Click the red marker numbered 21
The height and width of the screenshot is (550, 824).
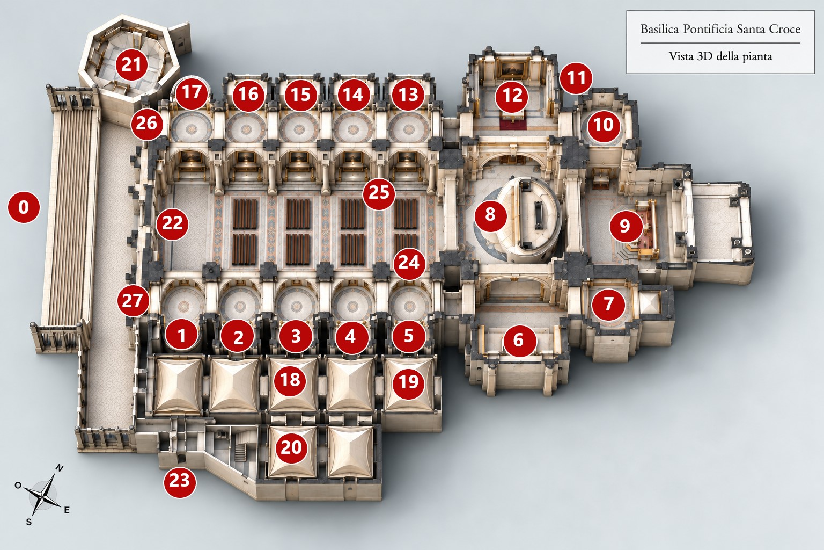(131, 64)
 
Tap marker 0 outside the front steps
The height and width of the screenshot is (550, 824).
(24, 207)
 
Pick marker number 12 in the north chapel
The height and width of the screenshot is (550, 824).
(512, 96)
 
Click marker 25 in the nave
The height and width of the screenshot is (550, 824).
(379, 193)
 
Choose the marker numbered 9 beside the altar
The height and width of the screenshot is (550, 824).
(626, 225)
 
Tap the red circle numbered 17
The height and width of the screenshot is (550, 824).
(192, 92)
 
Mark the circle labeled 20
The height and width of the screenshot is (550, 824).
(291, 447)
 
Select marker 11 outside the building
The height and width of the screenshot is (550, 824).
(576, 78)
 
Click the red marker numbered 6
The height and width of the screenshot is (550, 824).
(519, 339)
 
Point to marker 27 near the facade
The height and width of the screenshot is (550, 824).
(133, 301)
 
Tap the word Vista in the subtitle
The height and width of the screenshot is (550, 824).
(679, 56)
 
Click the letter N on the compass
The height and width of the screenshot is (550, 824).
(59, 468)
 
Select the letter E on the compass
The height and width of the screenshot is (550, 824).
(67, 510)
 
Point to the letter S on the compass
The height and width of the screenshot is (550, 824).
(28, 522)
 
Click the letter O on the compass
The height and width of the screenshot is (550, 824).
(18, 485)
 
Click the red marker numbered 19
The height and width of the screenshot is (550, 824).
(409, 382)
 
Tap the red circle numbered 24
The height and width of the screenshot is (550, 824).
(409, 263)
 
